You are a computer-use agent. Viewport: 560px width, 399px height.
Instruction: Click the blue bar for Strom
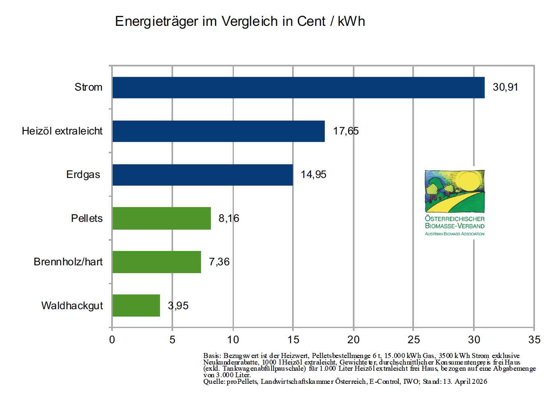click(298, 87)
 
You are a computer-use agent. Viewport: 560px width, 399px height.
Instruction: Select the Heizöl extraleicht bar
click(218, 131)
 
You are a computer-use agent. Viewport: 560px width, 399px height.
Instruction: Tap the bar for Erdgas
click(202, 175)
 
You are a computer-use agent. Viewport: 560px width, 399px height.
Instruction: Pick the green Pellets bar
click(161, 218)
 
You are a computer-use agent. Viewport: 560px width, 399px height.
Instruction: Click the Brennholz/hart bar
click(156, 262)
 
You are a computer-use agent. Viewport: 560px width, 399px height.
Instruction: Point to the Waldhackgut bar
click(136, 306)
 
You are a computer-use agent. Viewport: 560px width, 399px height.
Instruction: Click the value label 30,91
click(505, 87)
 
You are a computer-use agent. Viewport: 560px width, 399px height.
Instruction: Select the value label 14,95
click(313, 175)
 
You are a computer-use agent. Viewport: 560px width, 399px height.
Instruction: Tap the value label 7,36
click(219, 262)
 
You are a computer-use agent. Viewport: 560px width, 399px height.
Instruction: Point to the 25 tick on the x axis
click(414, 340)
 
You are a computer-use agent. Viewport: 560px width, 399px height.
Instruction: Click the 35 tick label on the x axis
click(534, 340)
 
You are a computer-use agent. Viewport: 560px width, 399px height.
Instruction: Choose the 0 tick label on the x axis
click(112, 340)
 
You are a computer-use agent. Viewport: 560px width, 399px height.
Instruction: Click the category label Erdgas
click(83, 175)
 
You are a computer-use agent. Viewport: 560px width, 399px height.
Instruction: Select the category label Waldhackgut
click(72, 306)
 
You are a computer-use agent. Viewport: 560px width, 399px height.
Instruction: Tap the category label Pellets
click(87, 218)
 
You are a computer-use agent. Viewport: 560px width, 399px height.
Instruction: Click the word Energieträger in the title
click(157, 21)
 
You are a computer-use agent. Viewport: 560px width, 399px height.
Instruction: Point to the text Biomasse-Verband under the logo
click(455, 226)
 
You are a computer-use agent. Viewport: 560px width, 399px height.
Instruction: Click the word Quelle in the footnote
click(213, 382)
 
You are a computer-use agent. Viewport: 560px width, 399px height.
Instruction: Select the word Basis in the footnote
click(212, 356)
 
